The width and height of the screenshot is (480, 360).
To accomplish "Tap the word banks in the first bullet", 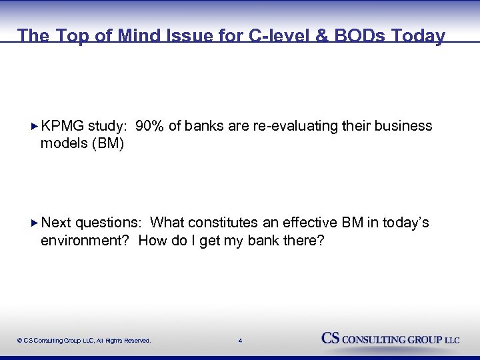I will [206, 126].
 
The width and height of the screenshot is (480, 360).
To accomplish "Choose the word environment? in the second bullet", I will [85, 241].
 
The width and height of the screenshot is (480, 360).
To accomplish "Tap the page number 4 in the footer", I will [240, 341].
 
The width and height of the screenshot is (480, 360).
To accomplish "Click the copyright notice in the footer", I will [84, 341].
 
